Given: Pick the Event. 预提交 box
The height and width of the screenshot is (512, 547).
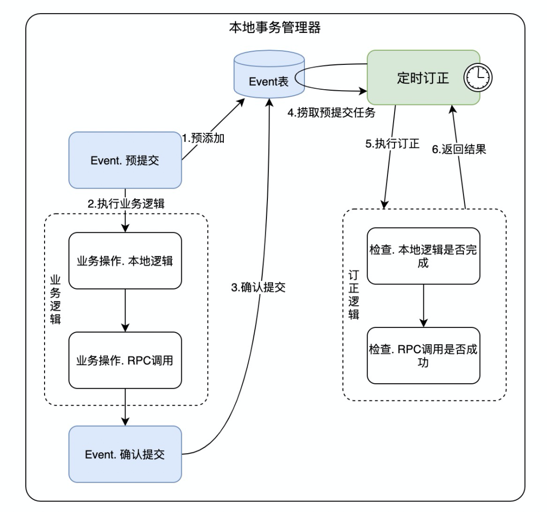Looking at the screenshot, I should pos(125,160).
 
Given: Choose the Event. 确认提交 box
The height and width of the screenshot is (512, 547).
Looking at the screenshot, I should pos(125,454).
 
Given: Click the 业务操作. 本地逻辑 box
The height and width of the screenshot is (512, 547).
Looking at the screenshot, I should pos(125,261).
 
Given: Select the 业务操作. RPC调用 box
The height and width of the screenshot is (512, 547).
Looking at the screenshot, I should pos(125,360).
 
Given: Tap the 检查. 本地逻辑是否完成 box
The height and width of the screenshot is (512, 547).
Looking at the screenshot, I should pos(423,257).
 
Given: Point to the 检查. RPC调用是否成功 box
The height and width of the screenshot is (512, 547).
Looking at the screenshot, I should pos(423,356).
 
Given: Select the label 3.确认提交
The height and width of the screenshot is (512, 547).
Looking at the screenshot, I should pos(258,287).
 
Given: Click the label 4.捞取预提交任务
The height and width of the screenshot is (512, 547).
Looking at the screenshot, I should pos(331,113).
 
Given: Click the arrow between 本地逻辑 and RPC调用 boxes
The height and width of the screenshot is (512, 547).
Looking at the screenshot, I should pos(125,310).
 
